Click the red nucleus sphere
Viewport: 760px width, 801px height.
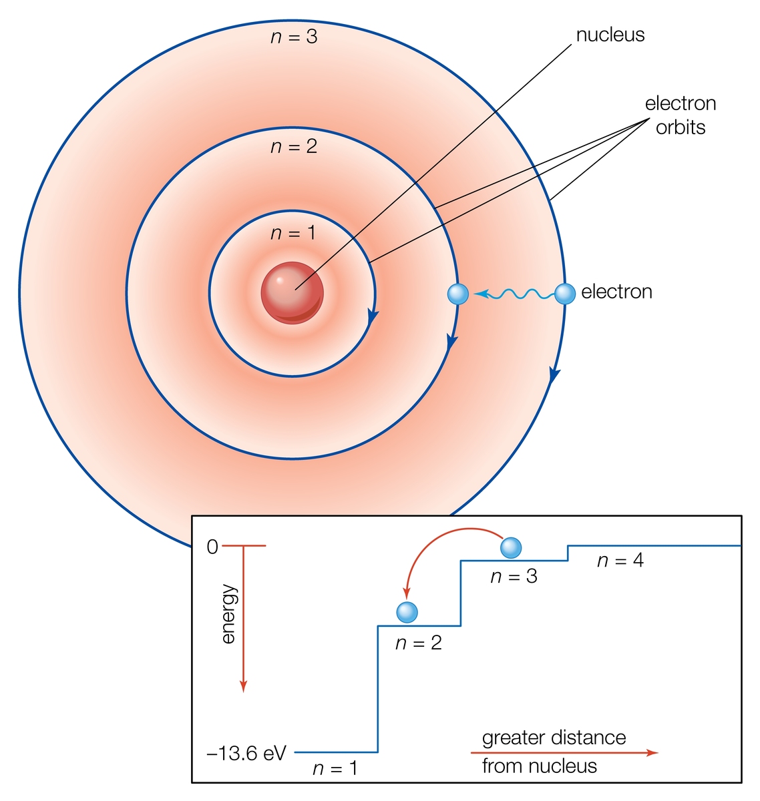(292, 293)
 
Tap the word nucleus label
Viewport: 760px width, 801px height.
(610, 35)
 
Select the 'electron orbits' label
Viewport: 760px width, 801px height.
(681, 115)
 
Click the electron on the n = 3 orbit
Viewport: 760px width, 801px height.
(565, 294)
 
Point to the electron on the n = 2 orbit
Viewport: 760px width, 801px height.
(458, 294)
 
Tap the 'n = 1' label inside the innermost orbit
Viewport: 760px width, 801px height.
(293, 233)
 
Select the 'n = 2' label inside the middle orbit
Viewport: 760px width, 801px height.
(293, 146)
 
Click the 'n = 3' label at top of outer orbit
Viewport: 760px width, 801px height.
(293, 37)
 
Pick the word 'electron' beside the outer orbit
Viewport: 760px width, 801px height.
(616, 292)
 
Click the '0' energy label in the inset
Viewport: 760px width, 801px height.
(212, 547)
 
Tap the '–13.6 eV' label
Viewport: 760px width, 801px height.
(246, 754)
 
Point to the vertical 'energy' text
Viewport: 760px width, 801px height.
(228, 613)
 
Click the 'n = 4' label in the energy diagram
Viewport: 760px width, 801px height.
(620, 561)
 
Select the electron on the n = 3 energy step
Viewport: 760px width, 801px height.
(511, 548)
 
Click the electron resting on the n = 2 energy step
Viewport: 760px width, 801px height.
(407, 612)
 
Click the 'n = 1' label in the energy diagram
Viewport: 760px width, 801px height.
(335, 768)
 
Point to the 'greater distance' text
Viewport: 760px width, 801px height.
(554, 738)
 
